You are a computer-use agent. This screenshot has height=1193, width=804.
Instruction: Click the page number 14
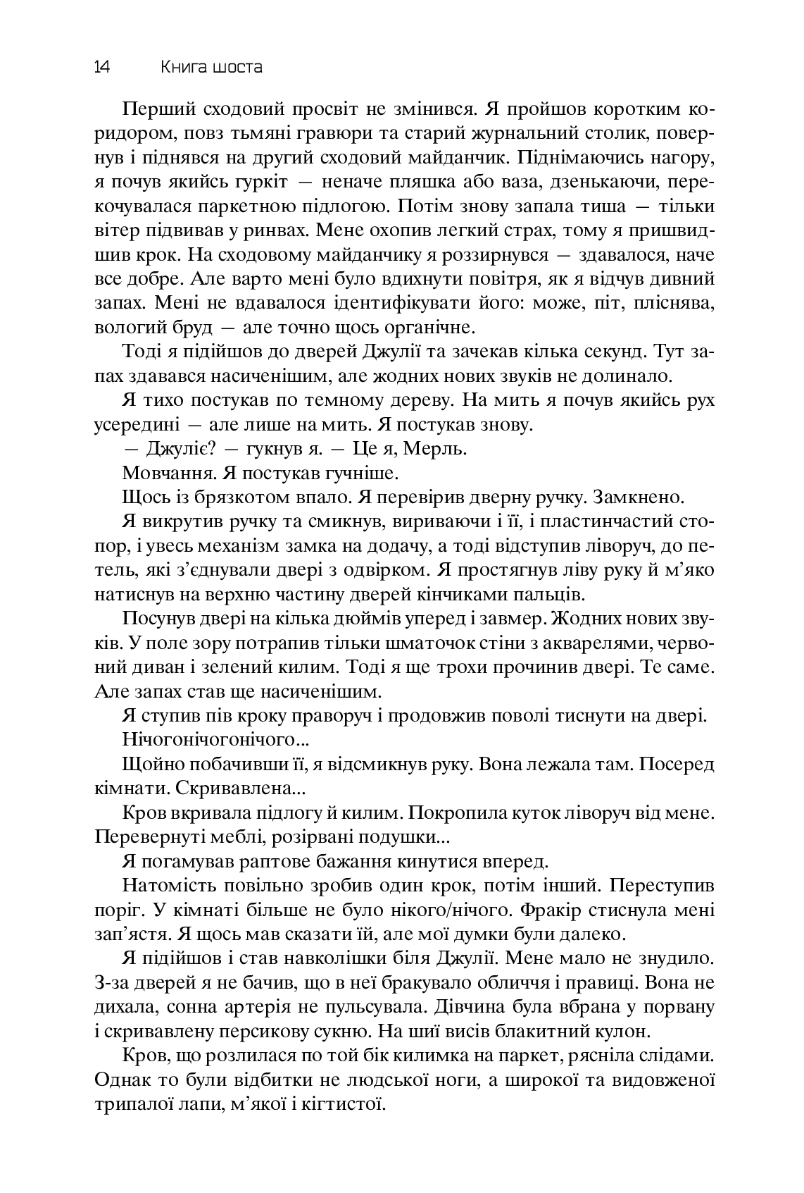pos(101,68)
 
